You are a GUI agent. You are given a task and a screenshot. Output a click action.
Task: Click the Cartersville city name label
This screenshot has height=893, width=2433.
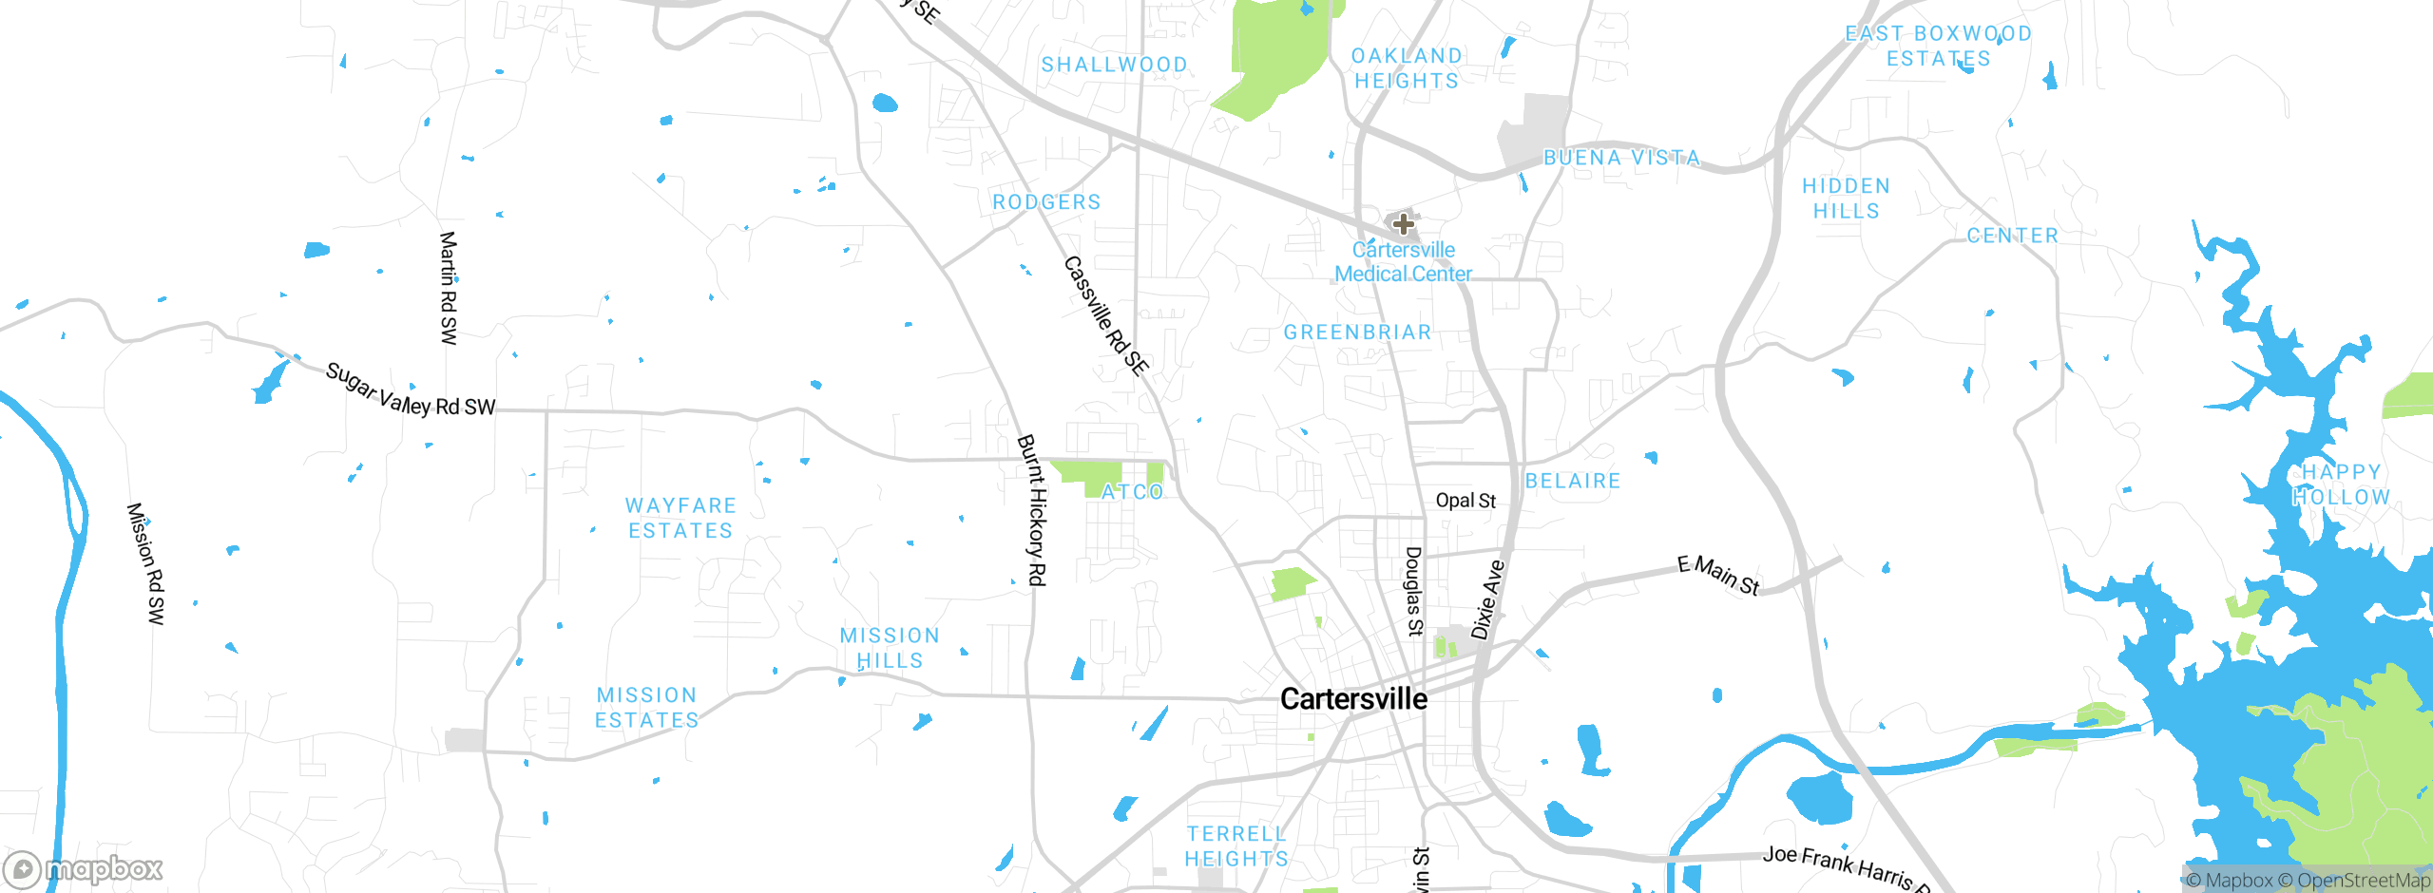pos(1353,699)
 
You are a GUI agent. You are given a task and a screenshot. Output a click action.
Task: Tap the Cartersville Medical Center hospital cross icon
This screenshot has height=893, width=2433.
pos(1403,224)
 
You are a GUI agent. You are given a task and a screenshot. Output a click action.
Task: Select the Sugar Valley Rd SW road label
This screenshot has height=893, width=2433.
pos(410,390)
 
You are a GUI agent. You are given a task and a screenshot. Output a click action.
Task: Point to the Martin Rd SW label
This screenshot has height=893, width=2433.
pos(449,288)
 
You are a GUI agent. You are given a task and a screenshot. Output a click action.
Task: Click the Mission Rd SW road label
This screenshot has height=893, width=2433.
pos(146,563)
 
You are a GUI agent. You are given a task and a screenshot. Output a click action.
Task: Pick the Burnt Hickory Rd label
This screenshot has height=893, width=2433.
pos(1032,510)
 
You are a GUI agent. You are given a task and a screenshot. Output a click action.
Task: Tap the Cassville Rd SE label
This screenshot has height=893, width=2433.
pos(1106,315)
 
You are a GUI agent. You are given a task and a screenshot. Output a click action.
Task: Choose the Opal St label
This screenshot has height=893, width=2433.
pos(1466,501)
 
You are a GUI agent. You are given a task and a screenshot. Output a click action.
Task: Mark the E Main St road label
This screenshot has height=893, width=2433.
pos(1718,575)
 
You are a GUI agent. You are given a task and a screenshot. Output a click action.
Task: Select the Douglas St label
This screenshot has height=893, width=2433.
pos(1414,590)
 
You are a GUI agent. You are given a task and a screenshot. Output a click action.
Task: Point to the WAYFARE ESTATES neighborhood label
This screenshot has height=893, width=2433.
pos(680,518)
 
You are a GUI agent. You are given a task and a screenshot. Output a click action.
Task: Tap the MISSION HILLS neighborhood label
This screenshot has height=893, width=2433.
pos(890,648)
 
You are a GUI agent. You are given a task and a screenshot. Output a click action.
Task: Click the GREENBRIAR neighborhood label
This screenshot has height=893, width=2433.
pos(1357,332)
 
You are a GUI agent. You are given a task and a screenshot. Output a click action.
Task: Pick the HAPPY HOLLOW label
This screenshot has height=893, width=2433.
pos(2341,484)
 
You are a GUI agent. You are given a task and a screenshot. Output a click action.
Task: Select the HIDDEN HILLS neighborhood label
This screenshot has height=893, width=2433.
pos(1846,199)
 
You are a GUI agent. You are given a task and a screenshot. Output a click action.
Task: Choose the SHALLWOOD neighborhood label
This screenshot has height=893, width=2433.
pos(1114,65)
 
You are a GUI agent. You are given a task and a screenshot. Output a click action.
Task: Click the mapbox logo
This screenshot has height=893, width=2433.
pos(84,868)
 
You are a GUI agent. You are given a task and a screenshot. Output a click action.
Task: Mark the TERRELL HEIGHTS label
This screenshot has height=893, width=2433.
pos(1236,846)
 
